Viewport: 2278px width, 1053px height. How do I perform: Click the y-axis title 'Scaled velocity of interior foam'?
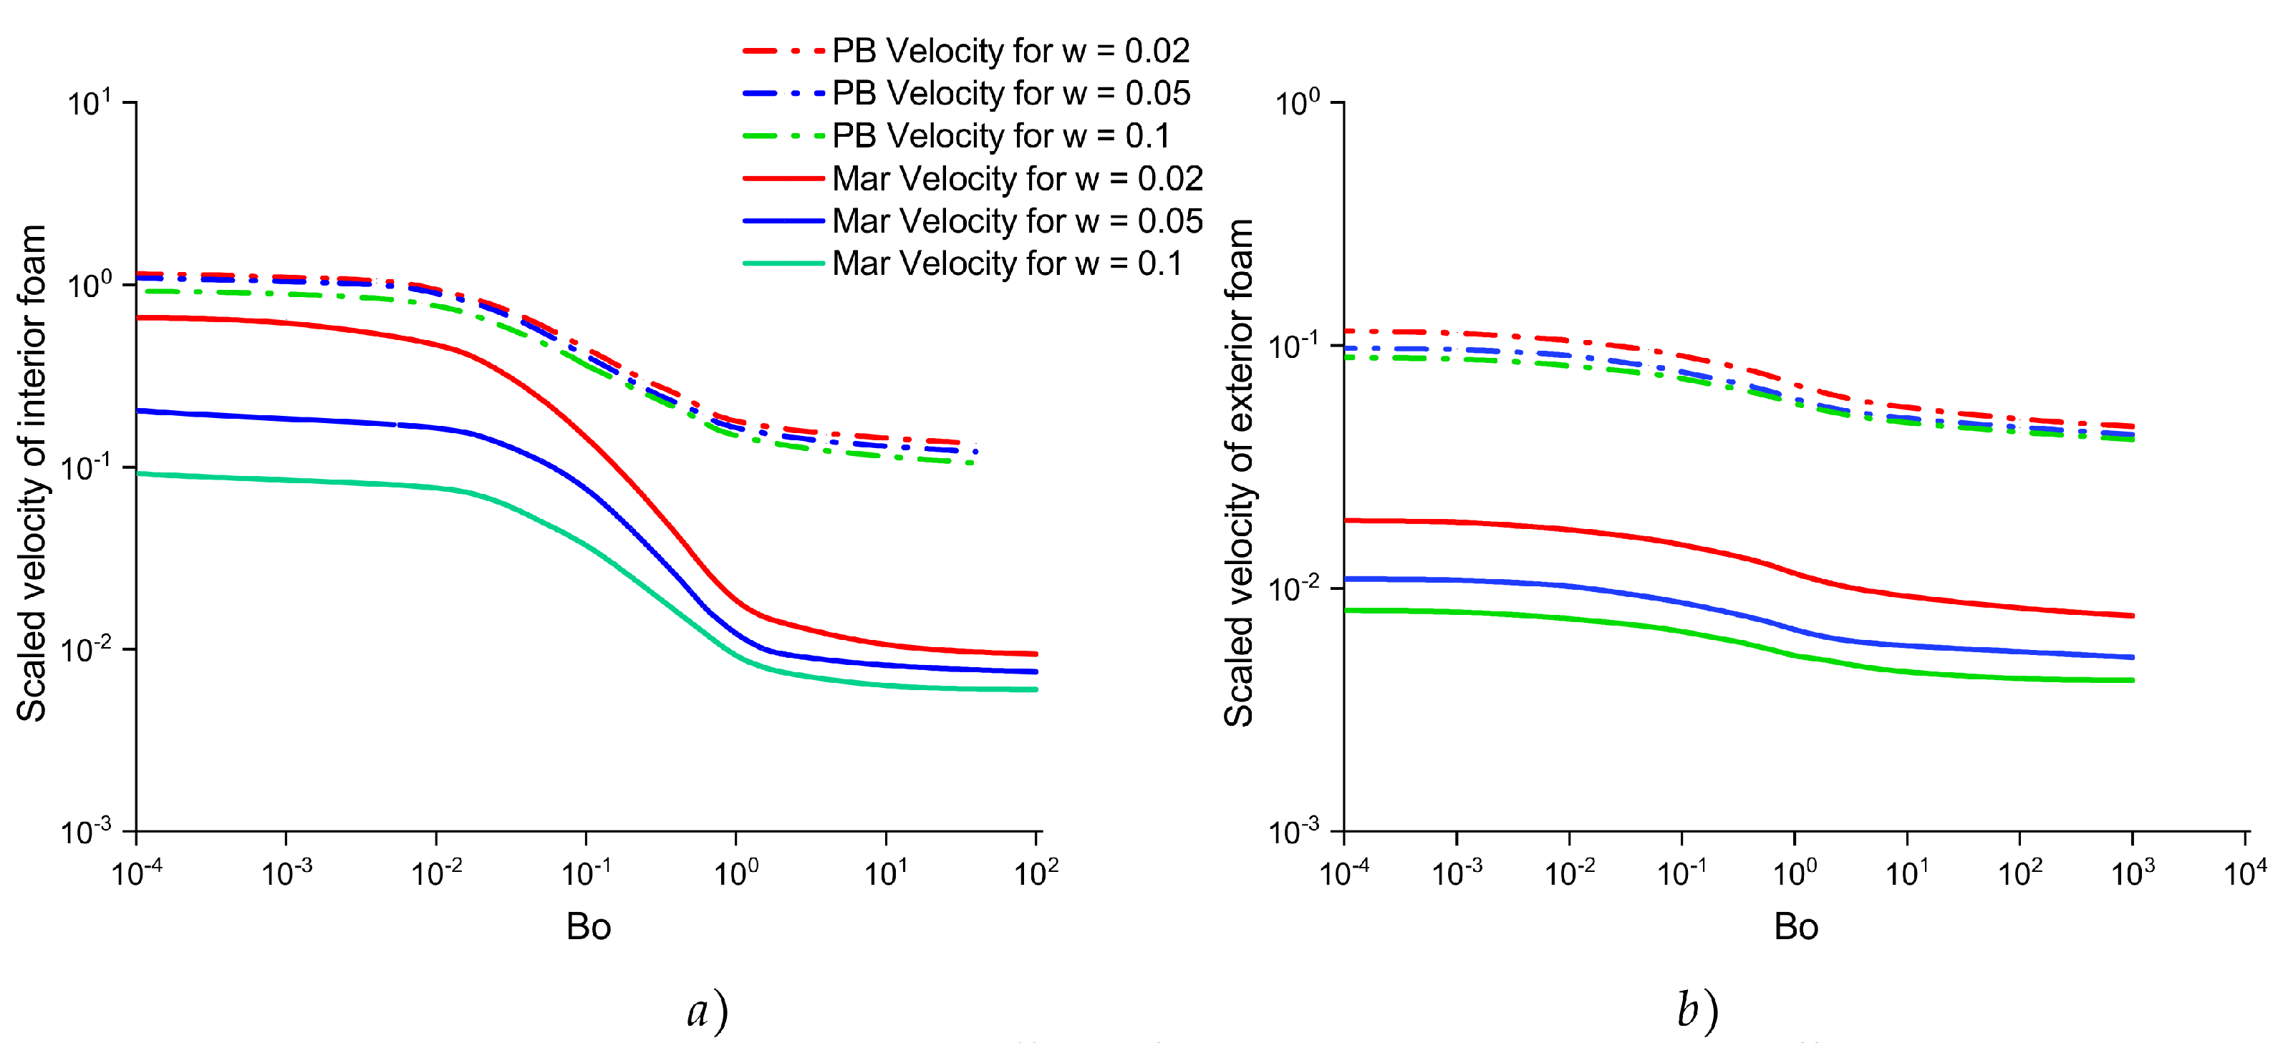coord(32,472)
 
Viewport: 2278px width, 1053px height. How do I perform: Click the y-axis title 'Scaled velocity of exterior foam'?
coord(1240,472)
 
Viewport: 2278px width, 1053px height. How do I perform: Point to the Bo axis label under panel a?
coord(588,926)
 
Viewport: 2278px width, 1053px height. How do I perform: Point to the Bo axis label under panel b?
coord(1795,926)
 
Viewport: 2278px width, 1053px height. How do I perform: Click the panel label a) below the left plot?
coord(708,1011)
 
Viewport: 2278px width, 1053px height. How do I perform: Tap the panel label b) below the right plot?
coord(1697,1011)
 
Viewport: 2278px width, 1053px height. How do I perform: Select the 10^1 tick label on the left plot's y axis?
coord(90,104)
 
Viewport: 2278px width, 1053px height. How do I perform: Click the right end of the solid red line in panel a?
coord(1036,654)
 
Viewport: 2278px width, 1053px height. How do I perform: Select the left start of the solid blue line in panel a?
coord(139,411)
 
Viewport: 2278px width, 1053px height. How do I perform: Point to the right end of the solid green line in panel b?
coord(2132,680)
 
